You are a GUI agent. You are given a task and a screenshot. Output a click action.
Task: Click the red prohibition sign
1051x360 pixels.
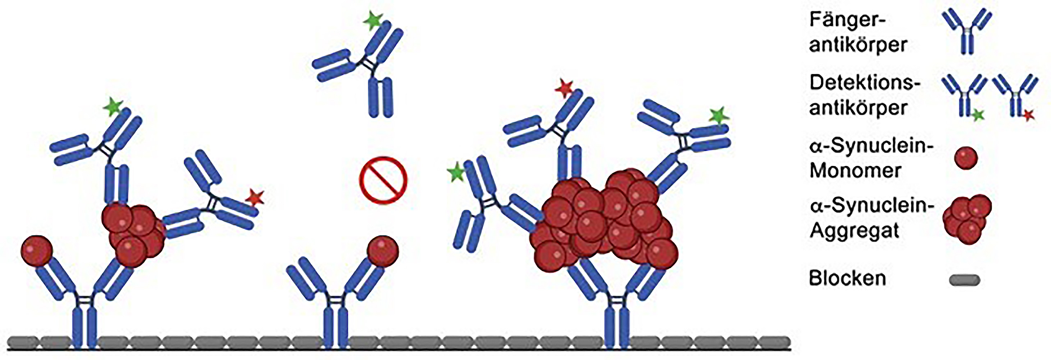point(383,180)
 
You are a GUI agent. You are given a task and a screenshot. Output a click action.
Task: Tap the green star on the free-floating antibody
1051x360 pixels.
point(373,21)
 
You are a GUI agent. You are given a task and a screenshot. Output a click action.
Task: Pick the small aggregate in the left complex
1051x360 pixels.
point(133,235)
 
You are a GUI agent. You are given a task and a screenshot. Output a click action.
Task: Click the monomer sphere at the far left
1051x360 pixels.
point(37,251)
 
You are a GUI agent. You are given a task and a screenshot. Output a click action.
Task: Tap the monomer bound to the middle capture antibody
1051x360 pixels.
point(383,251)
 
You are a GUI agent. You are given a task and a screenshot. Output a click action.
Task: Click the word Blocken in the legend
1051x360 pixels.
point(847,278)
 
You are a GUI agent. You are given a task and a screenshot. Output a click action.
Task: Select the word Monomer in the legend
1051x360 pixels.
point(855,170)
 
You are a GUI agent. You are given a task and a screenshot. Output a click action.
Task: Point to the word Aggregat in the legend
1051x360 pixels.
point(854,231)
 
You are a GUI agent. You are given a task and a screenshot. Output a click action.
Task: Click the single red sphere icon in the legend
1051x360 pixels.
point(966,158)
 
